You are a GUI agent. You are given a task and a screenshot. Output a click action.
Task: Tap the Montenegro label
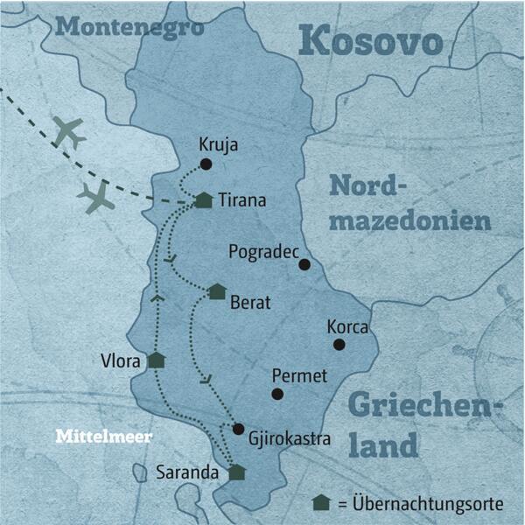[x=129, y=26]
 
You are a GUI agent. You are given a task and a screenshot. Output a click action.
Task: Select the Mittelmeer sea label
[x=103, y=435]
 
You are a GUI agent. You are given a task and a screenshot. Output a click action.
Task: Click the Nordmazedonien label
[x=409, y=203]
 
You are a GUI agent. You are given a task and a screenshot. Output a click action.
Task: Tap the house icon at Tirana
[x=203, y=200]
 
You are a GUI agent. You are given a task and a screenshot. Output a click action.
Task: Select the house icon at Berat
[x=217, y=291]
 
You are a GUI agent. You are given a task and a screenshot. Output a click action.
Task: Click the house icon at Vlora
[x=156, y=360]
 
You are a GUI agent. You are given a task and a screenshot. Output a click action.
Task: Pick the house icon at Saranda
[x=236, y=472]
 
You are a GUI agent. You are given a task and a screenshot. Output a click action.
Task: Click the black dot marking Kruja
[x=206, y=164]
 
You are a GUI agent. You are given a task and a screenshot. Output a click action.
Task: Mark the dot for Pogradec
[x=304, y=264]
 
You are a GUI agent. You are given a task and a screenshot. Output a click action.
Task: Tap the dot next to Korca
[x=339, y=345]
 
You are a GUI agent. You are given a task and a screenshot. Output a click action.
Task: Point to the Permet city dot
[x=277, y=394]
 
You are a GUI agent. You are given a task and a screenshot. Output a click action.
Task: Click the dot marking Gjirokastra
[x=238, y=429]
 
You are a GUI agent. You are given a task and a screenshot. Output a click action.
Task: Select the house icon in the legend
[x=321, y=502]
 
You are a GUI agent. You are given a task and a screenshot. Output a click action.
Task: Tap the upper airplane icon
[x=68, y=132]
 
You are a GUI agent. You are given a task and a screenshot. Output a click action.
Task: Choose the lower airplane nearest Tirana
[x=96, y=198]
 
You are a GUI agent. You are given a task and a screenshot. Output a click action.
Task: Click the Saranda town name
[x=186, y=473]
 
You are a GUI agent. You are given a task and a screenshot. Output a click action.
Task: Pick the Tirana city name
[x=242, y=200]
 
